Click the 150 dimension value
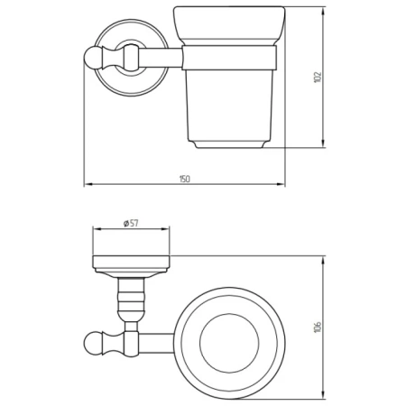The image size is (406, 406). (x=185, y=179)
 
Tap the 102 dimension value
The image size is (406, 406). (x=318, y=78)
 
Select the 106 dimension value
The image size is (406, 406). (x=318, y=327)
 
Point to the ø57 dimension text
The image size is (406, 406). (x=131, y=223)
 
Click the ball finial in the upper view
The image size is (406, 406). (x=91, y=58)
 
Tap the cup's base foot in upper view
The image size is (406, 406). (x=229, y=144)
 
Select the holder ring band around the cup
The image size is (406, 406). (x=229, y=58)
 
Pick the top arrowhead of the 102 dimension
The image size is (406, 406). (x=323, y=11)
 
